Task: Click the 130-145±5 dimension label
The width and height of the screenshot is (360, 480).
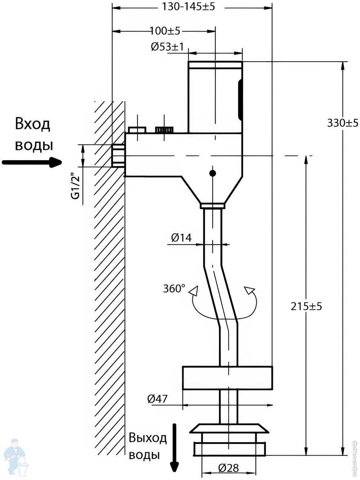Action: (x=188, y=7)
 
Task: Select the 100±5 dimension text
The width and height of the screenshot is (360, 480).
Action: (x=165, y=31)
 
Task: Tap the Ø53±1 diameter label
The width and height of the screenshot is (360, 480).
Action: (x=167, y=47)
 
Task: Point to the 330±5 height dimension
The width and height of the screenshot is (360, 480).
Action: (x=342, y=124)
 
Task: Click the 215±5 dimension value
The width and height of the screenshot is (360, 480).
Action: (x=306, y=306)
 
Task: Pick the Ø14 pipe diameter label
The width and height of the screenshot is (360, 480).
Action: (x=181, y=238)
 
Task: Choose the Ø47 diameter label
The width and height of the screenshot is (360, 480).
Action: (x=157, y=399)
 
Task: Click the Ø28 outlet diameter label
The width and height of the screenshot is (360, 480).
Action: (x=228, y=468)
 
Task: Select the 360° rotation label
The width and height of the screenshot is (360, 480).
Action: (x=174, y=288)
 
